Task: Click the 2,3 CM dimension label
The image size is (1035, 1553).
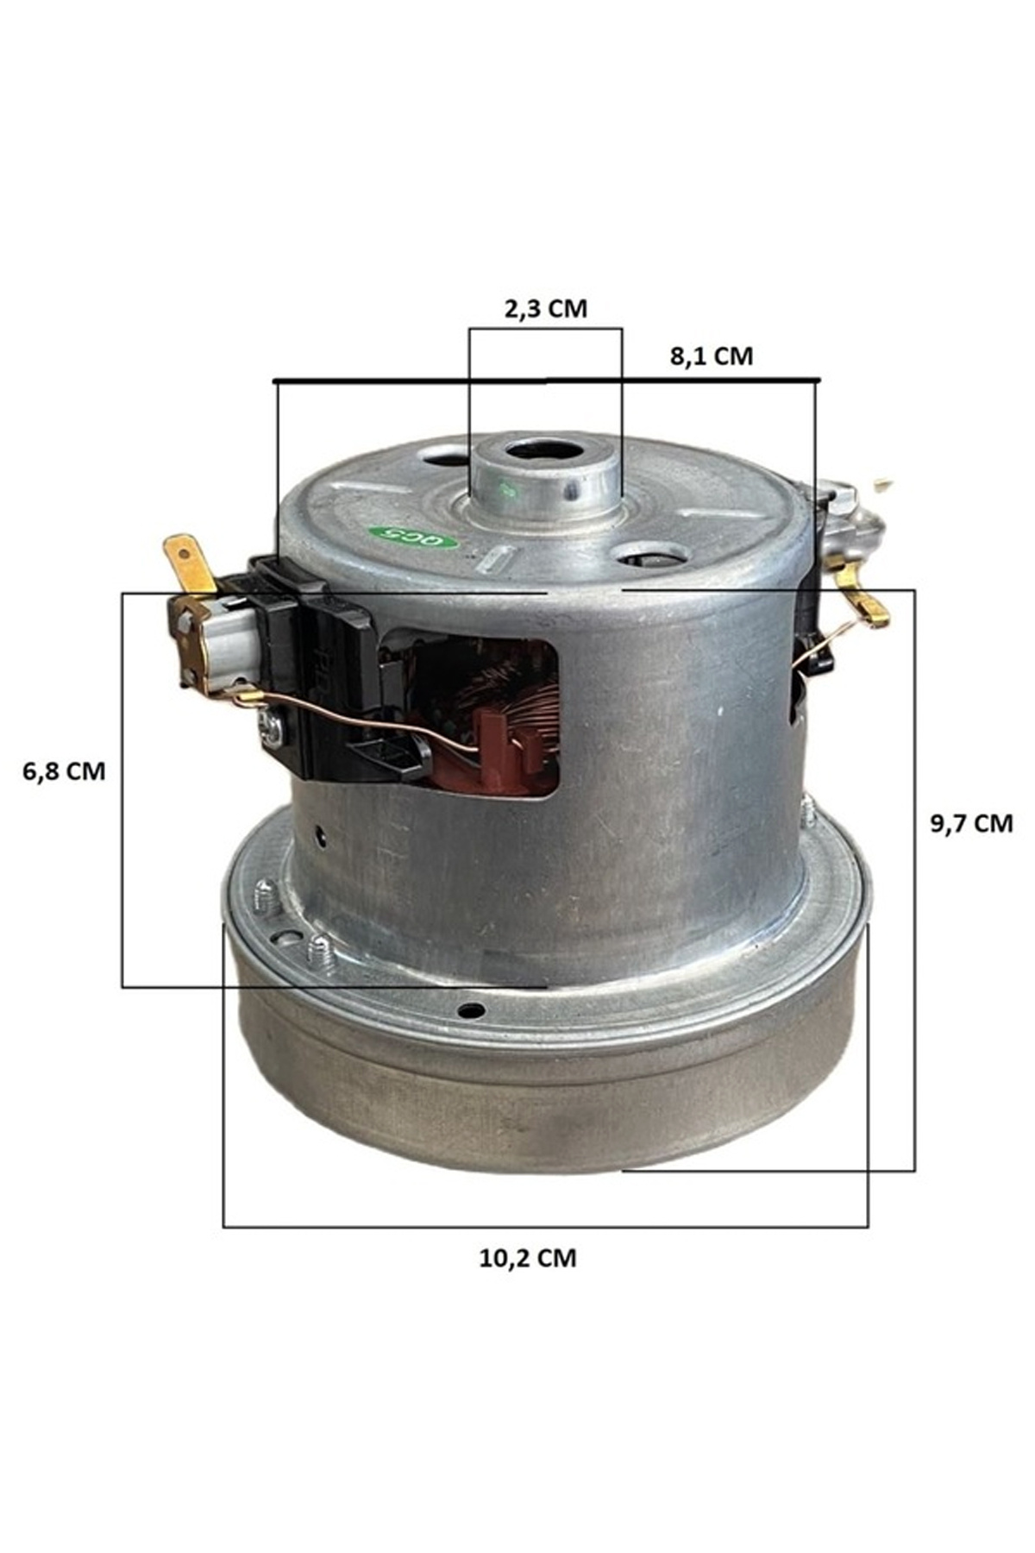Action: pyautogui.click(x=545, y=308)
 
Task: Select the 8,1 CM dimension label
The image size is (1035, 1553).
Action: pyautogui.click(x=712, y=355)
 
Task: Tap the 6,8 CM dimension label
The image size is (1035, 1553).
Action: pyautogui.click(x=64, y=770)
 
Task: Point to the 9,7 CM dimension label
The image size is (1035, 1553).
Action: pyautogui.click(x=971, y=823)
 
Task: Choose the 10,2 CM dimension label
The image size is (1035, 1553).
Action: pyautogui.click(x=528, y=1258)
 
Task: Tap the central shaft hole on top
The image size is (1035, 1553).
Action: pyautogui.click(x=543, y=450)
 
